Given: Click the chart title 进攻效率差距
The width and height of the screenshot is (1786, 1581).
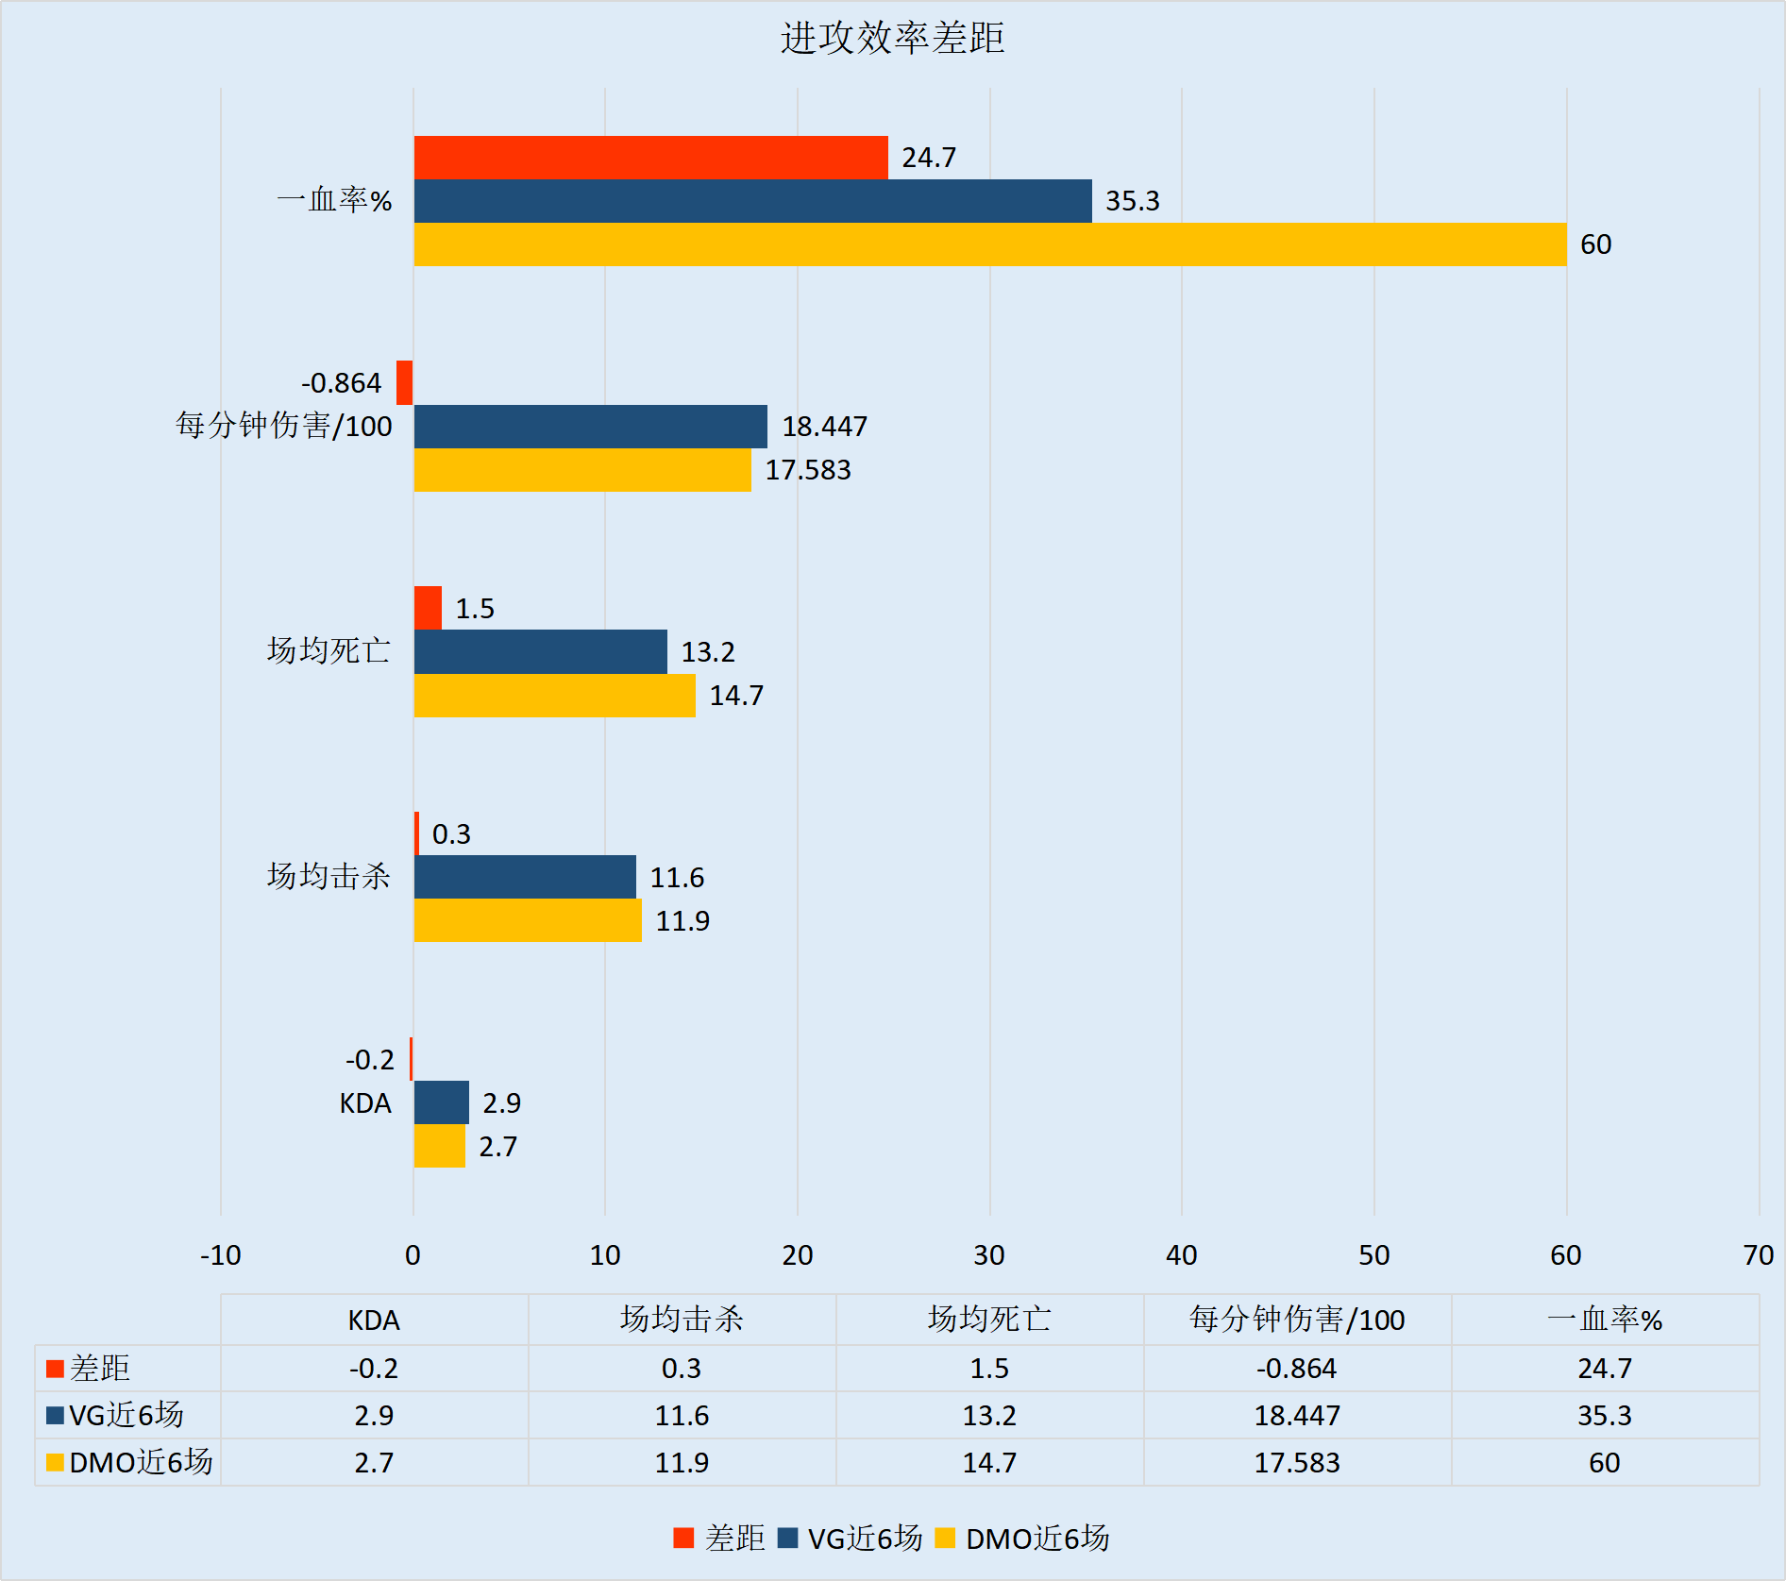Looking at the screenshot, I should (892, 39).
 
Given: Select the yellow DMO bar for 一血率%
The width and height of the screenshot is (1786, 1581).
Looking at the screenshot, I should (989, 244).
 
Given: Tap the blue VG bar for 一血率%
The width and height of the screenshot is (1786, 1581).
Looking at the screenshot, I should (752, 201).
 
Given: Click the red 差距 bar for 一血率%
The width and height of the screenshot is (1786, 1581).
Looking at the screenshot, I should (650, 158).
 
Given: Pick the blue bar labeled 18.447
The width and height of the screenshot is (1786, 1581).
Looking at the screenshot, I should (590, 427).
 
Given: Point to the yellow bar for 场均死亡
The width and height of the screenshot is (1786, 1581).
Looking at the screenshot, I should (554, 696).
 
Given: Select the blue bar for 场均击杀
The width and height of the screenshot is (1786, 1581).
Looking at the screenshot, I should (525, 877).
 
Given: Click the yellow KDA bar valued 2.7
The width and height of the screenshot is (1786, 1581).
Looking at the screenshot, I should (439, 1146).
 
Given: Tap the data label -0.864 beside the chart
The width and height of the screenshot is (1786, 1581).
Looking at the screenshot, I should (341, 383).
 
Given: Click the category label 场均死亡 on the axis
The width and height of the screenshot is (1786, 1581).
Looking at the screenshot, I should (328, 651).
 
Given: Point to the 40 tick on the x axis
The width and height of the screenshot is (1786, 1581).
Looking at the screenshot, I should (1181, 1255).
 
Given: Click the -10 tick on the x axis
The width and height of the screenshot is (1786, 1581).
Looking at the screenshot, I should (221, 1255).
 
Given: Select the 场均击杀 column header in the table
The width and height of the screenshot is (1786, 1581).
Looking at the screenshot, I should (682, 1320).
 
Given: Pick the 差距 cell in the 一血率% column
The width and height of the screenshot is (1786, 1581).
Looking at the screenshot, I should (1604, 1369).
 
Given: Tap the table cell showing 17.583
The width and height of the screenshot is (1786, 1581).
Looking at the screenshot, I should (1296, 1463).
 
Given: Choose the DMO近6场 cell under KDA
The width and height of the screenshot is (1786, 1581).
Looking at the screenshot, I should (374, 1463).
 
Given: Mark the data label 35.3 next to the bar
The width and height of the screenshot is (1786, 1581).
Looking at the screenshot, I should (1132, 201).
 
